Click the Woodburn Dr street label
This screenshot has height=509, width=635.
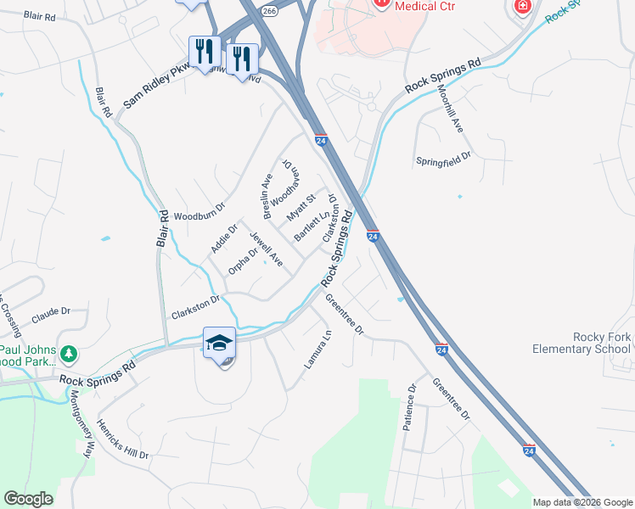tap(199, 216)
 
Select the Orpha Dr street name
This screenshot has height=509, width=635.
tap(242, 261)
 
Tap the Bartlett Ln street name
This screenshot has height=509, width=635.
tap(312, 225)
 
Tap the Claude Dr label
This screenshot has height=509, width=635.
tap(52, 315)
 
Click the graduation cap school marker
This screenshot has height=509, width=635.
tap(219, 343)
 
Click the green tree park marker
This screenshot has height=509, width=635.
tap(69, 352)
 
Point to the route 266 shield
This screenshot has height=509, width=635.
tap(269, 10)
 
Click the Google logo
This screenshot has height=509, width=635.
tap(28, 499)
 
